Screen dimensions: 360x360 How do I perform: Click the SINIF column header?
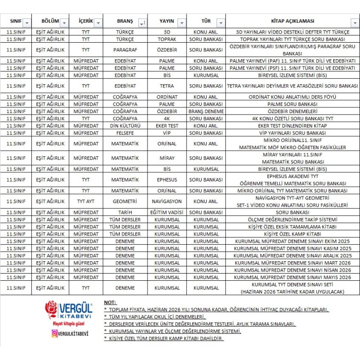point(15,22)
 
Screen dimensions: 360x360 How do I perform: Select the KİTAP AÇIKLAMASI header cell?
point(292,22)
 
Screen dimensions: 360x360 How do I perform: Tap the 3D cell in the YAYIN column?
point(167,32)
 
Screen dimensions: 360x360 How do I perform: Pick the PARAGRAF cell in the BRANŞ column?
point(125,50)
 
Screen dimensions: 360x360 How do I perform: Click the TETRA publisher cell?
point(167,86)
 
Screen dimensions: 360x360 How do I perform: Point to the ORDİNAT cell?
point(167,97)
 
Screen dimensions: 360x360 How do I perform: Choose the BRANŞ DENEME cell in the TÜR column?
point(206,111)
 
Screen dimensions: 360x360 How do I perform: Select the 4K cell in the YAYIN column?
point(167,118)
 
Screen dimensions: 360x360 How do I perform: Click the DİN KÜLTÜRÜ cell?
point(125,125)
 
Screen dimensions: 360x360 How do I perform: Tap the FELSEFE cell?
point(125,133)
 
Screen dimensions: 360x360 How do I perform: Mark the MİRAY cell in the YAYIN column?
point(167,158)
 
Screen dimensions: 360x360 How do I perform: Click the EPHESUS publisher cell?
point(167,179)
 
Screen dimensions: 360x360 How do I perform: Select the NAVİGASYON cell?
point(167,201)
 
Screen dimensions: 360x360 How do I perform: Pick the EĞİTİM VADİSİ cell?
point(167,212)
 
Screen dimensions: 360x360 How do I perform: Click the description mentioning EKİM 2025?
point(292,241)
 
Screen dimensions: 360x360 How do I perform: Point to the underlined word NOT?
point(110,302)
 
